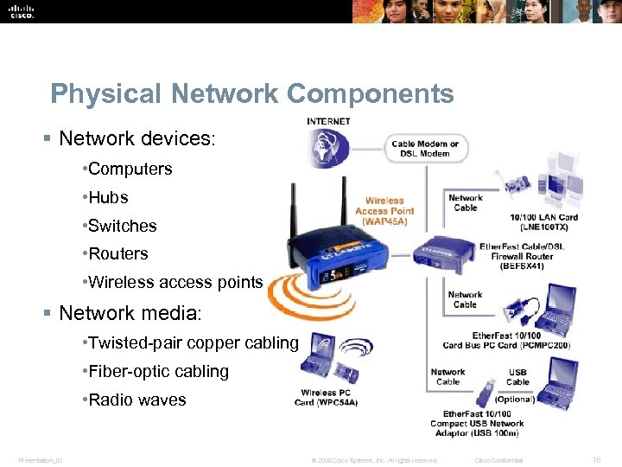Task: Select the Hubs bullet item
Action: pos(107,197)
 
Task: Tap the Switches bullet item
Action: pos(122,226)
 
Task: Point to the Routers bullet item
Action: pos(117,253)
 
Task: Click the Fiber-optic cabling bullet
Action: pos(155,371)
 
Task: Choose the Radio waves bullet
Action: pos(136,400)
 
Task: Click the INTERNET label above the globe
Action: pos(328,121)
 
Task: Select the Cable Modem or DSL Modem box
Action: pos(425,148)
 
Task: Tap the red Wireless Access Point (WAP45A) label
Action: pos(384,211)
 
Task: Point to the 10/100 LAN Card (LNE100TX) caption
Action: pos(543,221)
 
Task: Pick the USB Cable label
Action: pos(517,376)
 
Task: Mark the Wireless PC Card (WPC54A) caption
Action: pos(326,397)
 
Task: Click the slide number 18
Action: pos(596,459)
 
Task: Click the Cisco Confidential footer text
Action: pos(498,460)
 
